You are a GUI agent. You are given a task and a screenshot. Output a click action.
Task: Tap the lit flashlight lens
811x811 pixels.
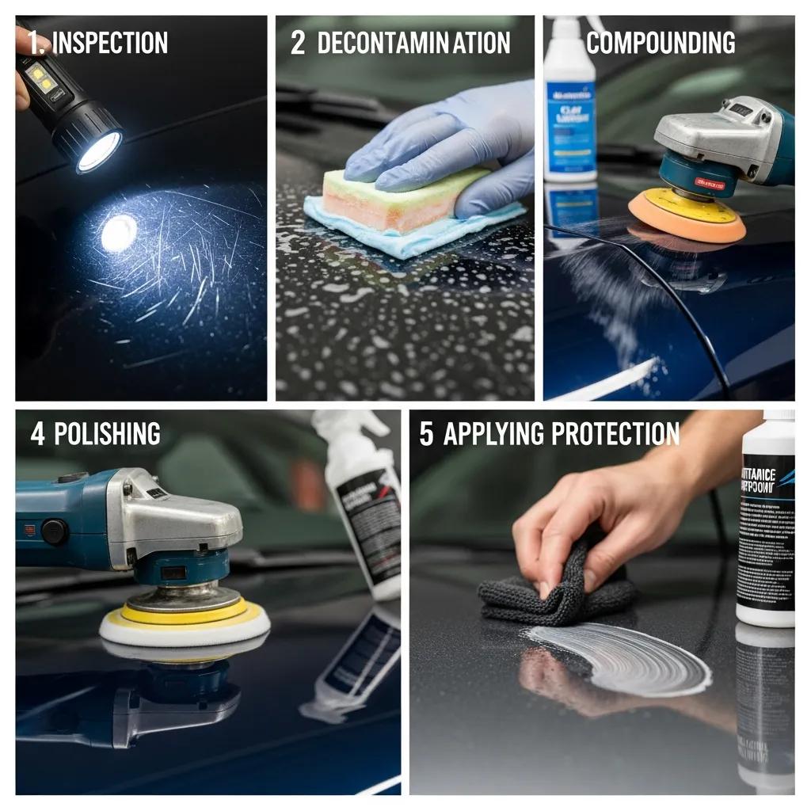(x=99, y=150)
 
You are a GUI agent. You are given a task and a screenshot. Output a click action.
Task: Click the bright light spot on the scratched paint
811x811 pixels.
(x=119, y=232)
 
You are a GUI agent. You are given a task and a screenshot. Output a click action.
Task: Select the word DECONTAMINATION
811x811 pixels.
(x=413, y=43)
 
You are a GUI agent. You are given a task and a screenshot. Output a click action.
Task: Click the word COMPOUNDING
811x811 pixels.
(x=661, y=43)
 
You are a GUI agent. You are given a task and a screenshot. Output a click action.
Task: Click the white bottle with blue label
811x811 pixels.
(x=569, y=103)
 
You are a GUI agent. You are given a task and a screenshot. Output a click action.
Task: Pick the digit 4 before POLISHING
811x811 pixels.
(x=36, y=434)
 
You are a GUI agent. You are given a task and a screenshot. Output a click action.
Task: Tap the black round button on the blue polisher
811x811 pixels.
(x=54, y=531)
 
